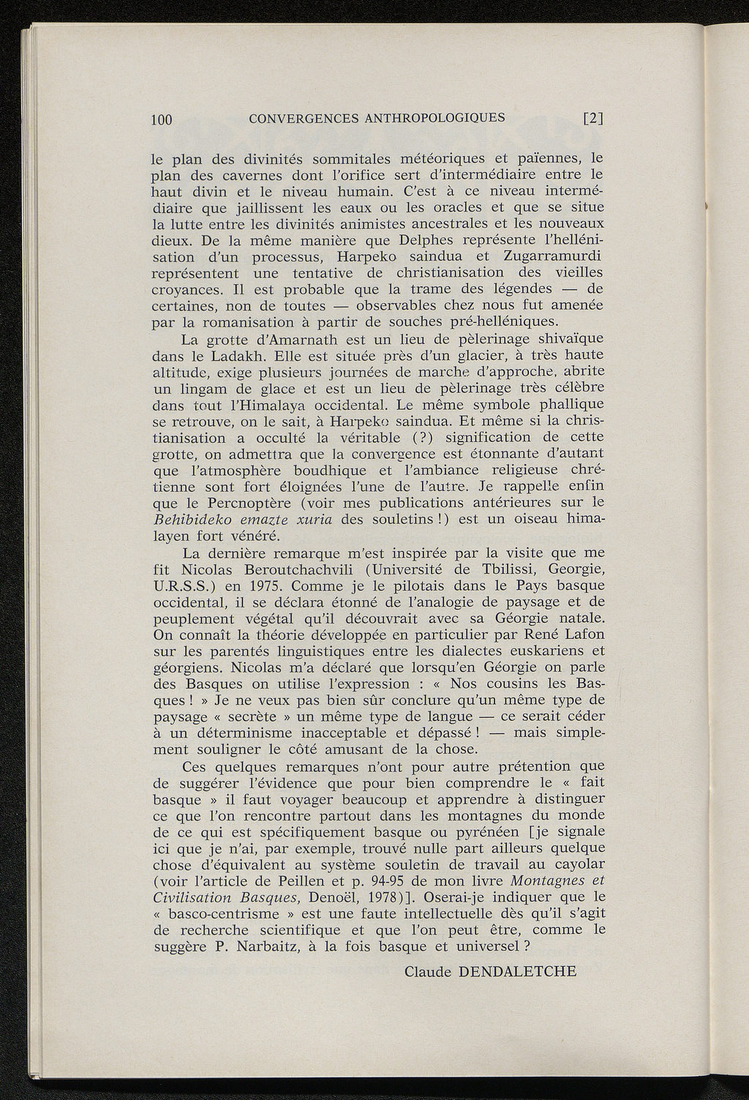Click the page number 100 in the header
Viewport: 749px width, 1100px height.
(160, 119)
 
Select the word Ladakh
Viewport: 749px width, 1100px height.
(244, 356)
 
